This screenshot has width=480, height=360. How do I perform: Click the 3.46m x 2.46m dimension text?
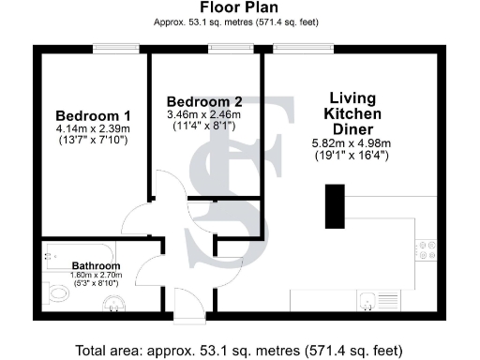[200, 113]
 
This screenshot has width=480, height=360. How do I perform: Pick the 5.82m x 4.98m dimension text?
[352, 144]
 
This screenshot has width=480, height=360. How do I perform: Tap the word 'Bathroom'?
[97, 265]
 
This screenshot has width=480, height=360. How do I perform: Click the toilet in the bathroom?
[57, 292]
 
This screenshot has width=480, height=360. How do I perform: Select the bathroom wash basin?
[114, 302]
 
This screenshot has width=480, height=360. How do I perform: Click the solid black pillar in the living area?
[335, 207]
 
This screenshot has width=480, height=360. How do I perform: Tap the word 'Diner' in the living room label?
[352, 128]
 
